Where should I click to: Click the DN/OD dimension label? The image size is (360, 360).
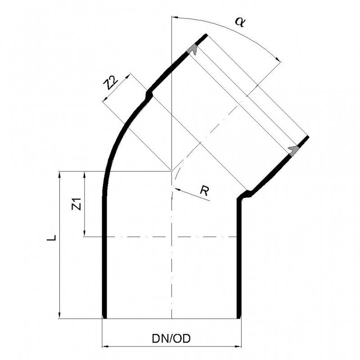(171, 338)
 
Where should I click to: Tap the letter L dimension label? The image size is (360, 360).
(51, 238)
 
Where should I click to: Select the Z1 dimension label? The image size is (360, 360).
(76, 204)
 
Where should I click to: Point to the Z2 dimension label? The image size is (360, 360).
(110, 84)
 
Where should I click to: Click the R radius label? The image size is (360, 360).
(205, 191)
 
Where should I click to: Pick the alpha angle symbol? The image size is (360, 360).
(240, 22)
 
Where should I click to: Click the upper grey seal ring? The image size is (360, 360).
(193, 50)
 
